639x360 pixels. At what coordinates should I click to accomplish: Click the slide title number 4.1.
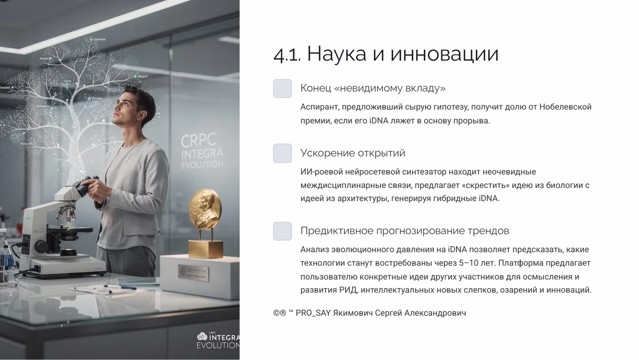(x=287, y=54)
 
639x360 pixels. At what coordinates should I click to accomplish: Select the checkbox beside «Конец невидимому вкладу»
(x=282, y=88)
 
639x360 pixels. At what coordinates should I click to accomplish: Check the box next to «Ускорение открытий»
(x=282, y=153)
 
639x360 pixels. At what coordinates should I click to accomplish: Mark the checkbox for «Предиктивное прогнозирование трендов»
(x=282, y=231)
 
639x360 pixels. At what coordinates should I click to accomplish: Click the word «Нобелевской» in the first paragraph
(x=565, y=107)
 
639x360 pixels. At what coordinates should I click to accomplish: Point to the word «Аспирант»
(x=319, y=107)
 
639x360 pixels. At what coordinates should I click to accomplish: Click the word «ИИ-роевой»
(x=321, y=172)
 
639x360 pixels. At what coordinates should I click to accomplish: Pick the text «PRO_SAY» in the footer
(x=313, y=313)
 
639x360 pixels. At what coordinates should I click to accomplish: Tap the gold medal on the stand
(x=205, y=209)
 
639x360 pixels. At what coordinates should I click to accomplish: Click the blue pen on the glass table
(x=120, y=287)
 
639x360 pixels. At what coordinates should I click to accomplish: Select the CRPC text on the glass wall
(x=198, y=140)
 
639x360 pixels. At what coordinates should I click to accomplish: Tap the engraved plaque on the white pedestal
(x=193, y=273)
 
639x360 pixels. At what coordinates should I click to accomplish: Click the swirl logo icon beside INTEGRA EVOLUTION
(x=202, y=336)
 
